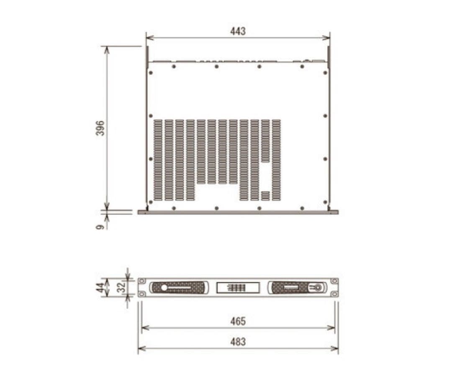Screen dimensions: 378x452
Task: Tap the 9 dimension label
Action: coord(100,227)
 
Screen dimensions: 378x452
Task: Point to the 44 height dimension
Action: coord(100,288)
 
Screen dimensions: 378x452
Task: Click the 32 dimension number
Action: coord(121,288)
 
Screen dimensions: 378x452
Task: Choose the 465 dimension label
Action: coord(238,321)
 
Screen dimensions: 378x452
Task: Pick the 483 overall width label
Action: coord(238,342)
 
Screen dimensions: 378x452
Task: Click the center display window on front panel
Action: coord(238,288)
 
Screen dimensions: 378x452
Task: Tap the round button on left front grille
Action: coord(164,288)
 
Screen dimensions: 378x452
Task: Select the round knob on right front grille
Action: coord(317,288)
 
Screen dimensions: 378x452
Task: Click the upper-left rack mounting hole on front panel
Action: coord(142,281)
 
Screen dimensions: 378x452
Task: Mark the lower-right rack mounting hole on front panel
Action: coord(334,294)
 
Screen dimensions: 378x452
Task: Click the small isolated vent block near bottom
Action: coord(265,196)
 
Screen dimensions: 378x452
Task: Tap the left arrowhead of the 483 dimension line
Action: coord(140,348)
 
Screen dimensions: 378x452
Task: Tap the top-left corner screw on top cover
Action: coord(151,73)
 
